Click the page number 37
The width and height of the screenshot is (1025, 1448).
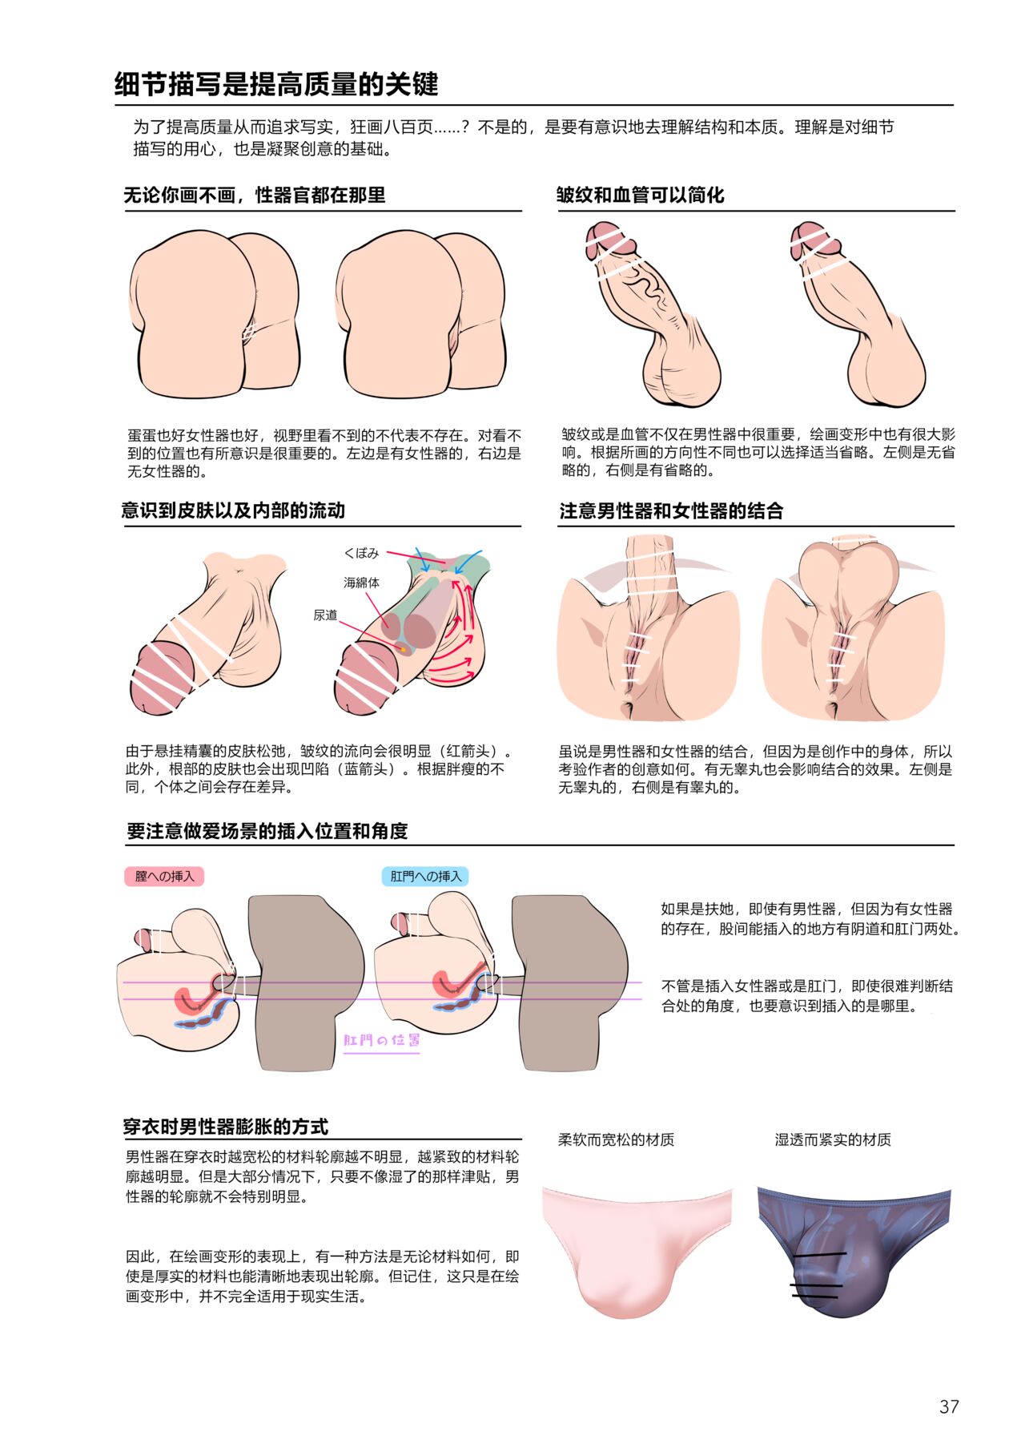949,1406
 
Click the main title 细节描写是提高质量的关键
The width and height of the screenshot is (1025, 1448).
276,84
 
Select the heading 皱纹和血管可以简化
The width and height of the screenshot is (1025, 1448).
641,195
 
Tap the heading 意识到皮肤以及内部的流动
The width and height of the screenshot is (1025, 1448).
233,510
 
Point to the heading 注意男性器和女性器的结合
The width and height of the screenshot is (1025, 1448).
671,511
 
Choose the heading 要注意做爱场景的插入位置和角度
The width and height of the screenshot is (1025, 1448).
267,831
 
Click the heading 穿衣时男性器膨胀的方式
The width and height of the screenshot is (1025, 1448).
226,1127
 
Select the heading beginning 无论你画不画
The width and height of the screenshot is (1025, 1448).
255,195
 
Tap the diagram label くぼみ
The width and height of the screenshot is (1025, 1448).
361,553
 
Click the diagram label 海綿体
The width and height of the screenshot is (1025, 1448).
362,583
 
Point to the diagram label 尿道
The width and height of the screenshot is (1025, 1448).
325,615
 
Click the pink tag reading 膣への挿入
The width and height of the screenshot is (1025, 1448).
164,876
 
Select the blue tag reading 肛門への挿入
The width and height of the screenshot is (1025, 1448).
426,876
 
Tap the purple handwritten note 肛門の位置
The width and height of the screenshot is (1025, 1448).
382,1040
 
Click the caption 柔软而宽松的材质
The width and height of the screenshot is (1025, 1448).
616,1139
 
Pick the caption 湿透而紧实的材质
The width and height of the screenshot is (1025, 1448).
833,1139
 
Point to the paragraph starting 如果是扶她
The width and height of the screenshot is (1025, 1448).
810,918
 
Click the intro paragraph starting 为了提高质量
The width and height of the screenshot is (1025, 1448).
513,138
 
